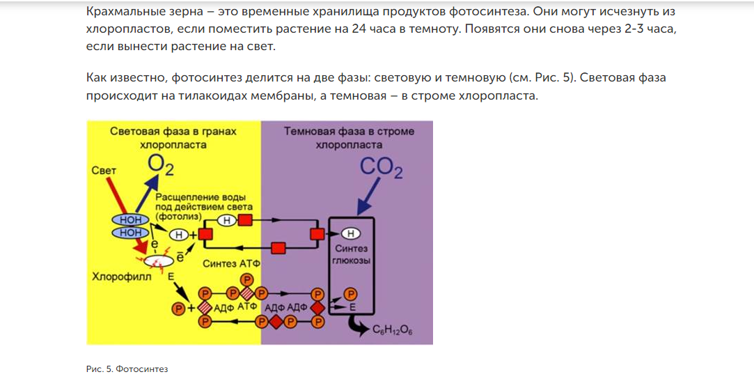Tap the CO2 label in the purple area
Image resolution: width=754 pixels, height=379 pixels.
pos(381,168)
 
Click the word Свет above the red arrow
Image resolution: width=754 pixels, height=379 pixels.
pos(104,170)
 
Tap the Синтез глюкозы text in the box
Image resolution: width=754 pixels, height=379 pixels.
pos(352,254)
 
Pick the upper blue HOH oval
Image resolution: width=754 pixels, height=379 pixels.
pos(131,220)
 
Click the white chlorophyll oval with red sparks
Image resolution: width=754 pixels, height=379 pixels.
pos(159,261)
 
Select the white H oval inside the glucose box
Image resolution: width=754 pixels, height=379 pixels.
pos(352,233)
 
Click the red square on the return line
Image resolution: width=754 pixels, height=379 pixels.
pos(278,247)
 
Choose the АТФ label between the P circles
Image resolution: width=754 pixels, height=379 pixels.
pos(248,307)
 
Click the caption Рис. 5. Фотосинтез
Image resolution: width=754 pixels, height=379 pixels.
pos(127,369)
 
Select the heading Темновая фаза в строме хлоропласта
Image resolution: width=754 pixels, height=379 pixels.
pos(349,138)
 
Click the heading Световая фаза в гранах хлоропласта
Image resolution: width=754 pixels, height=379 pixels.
pos(173,138)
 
